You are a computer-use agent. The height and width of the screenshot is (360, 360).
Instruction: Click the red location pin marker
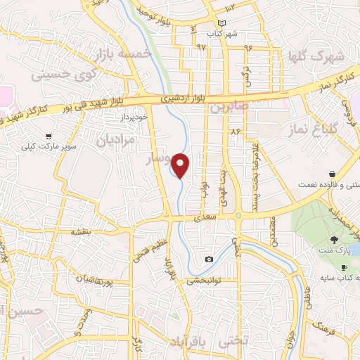181,165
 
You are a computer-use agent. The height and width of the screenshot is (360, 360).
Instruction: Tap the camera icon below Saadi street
209,259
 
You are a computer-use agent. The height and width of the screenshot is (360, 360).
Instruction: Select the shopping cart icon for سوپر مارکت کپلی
48,136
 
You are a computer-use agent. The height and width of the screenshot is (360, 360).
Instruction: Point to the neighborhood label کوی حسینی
63,72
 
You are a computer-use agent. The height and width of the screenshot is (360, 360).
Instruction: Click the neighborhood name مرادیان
109,140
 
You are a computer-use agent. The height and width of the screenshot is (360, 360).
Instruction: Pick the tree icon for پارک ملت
334,240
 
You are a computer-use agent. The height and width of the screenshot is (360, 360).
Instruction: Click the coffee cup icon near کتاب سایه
343,267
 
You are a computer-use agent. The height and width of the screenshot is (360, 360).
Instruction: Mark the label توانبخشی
203,280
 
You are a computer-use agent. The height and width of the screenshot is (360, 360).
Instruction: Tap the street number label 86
235,131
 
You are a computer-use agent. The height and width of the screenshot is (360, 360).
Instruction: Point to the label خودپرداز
134,116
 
